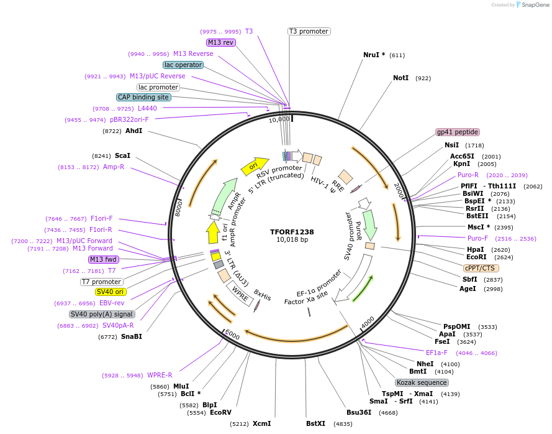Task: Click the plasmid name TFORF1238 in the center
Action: coord(292,232)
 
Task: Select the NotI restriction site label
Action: coord(401,78)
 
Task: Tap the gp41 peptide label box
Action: coord(458,132)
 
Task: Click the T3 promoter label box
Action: coord(309,31)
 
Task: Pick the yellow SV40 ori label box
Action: coord(111,292)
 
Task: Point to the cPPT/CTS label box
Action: coord(481,268)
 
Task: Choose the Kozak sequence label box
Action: coord(422,382)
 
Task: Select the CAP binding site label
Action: coord(143,97)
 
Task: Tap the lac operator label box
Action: coord(183,65)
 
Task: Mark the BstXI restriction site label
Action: coord(315,423)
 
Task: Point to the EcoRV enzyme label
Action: coord(220,412)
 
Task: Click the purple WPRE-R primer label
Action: coord(160,375)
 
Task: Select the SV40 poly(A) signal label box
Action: coord(102,314)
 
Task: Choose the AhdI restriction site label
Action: coord(133,131)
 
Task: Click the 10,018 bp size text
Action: coord(292,240)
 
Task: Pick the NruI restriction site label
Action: coord(374,55)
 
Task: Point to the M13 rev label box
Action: coord(221,42)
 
